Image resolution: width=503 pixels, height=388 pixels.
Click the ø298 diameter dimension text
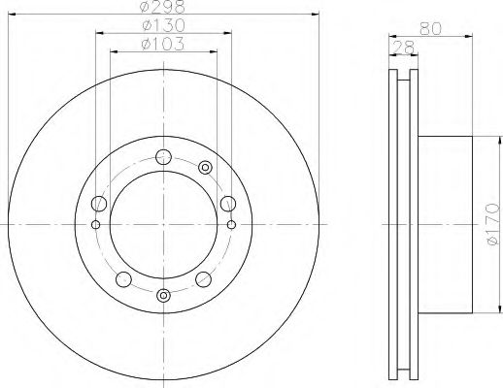tap(161, 8)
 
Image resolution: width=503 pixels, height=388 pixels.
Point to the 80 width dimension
tap(439, 27)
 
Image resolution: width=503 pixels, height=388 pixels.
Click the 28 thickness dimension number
tap(398, 46)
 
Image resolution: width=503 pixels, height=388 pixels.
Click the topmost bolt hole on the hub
tap(163, 154)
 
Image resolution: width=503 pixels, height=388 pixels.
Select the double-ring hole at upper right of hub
tap(205, 168)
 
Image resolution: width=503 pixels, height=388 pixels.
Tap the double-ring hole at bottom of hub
tap(163, 295)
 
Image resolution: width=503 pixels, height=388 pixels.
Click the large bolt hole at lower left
tap(122, 280)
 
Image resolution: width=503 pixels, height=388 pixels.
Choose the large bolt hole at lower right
tap(204, 280)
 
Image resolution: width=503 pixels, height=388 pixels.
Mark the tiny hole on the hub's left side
tap(94, 225)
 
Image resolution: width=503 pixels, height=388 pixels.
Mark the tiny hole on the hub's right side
tap(232, 225)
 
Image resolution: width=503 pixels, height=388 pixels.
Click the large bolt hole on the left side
tap(98, 204)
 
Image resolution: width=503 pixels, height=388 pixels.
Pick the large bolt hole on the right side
tap(227, 203)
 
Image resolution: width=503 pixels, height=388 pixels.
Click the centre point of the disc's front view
tap(163, 225)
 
